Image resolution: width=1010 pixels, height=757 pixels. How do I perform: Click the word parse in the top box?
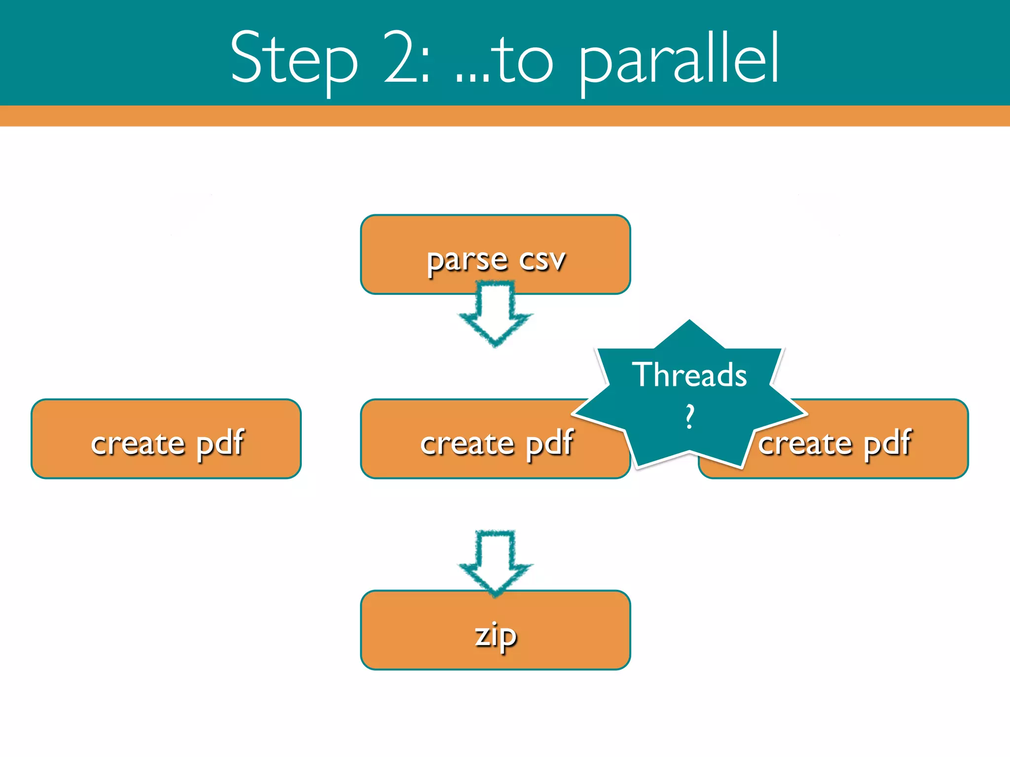click(x=467, y=260)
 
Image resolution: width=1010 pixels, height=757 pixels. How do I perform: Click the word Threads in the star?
click(x=689, y=376)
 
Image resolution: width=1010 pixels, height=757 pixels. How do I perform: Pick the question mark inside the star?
click(x=689, y=416)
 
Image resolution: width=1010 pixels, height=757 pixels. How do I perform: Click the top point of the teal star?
click(x=689, y=323)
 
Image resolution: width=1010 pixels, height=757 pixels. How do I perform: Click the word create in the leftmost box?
click(x=138, y=444)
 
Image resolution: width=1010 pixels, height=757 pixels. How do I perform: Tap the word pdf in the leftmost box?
click(x=220, y=444)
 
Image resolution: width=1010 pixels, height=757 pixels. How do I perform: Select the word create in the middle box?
click(x=467, y=444)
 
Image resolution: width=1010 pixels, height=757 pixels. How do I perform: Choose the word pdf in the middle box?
click(x=549, y=444)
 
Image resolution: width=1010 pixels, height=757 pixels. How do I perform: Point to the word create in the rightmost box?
click(x=805, y=444)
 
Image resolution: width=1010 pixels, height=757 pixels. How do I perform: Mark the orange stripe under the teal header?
click(x=505, y=116)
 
